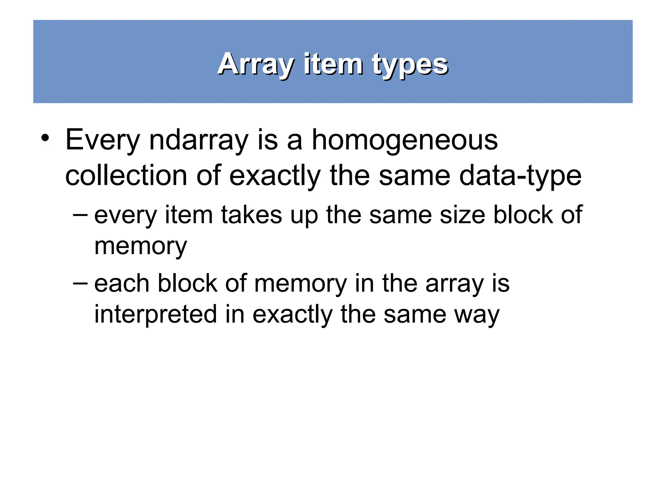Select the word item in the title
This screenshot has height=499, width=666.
click(x=333, y=64)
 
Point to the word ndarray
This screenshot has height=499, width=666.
click(x=198, y=140)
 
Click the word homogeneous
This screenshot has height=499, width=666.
click(x=405, y=140)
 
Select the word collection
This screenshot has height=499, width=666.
click(x=126, y=175)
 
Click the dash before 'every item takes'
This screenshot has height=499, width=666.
click(x=80, y=215)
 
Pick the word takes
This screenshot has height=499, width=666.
click(x=251, y=215)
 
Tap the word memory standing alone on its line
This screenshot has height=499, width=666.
click(x=140, y=246)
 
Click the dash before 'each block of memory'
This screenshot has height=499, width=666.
click(x=80, y=283)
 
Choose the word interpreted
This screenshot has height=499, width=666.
click(x=155, y=314)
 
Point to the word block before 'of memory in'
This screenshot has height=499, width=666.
click(x=187, y=283)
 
